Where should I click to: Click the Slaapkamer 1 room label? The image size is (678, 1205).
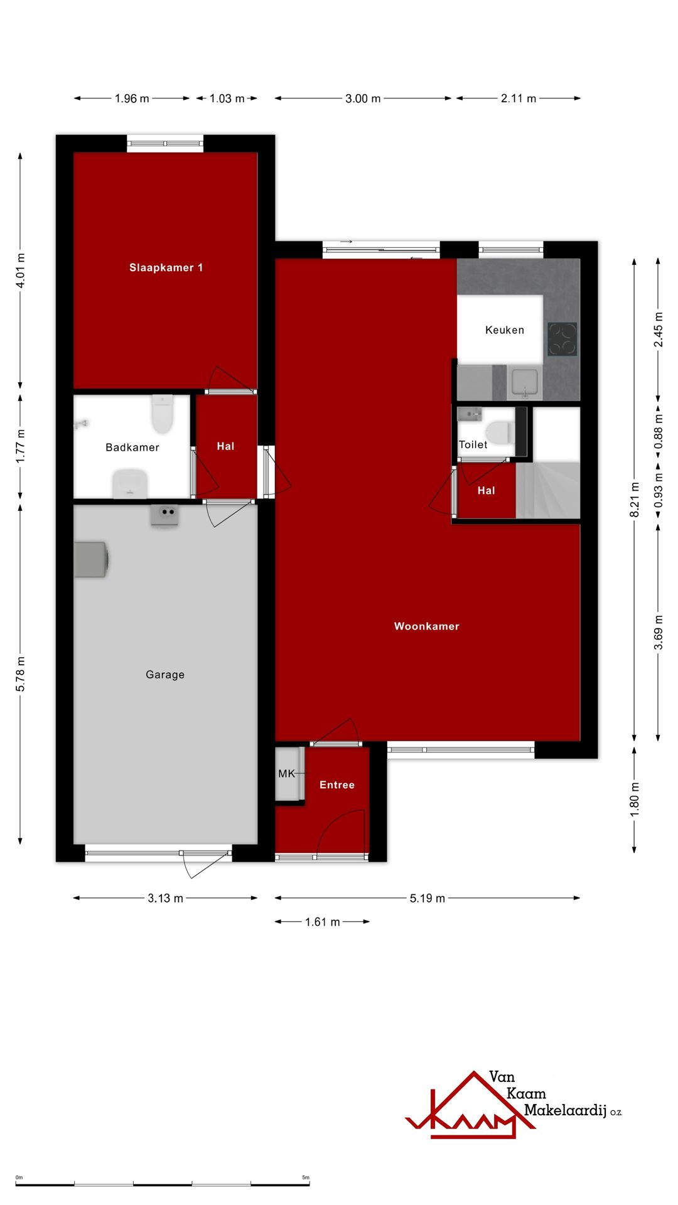point(166,268)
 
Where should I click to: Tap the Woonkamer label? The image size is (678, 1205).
point(427,626)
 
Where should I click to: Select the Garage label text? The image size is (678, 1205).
point(165,675)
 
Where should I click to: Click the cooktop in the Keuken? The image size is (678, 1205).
point(562,339)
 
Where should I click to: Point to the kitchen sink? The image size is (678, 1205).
point(524,383)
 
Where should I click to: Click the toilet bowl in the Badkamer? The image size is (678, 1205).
point(162,414)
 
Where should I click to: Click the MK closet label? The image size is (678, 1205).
point(286,774)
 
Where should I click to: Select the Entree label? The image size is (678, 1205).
point(337,785)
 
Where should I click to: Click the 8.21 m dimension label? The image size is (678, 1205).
point(635,500)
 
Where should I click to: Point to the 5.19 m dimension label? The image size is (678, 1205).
point(428,898)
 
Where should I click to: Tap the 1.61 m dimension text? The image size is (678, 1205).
point(323,922)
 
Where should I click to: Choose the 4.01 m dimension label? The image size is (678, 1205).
point(21,270)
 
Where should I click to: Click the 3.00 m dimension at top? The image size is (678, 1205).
point(363,99)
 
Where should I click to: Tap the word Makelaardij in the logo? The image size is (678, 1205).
point(565,1110)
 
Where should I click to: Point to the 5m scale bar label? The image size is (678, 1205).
point(306,1177)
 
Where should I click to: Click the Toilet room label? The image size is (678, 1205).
point(473,445)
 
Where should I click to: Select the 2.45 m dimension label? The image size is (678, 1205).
point(659,329)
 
